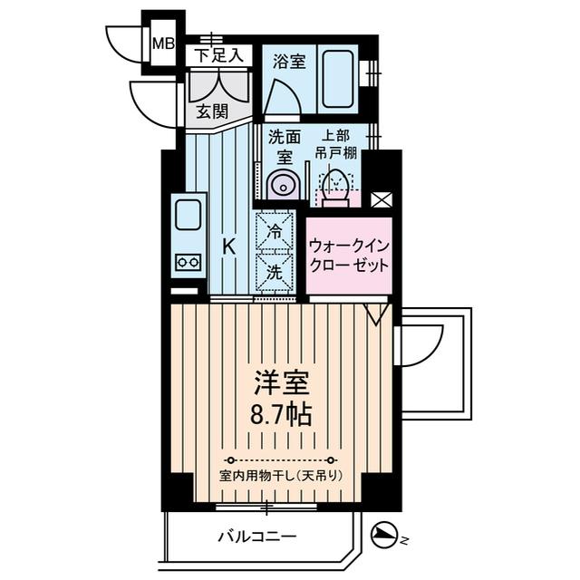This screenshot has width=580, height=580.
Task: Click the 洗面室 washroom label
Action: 284,147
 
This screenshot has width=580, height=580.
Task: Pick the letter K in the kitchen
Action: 229,245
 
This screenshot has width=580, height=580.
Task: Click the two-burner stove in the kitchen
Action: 189,262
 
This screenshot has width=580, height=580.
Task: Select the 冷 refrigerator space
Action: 274,231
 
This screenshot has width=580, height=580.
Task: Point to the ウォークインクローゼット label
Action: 349,256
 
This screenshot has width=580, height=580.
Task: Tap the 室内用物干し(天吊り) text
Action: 282,476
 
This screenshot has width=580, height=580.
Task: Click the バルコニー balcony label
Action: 256,536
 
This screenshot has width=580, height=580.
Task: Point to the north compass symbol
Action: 385,536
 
